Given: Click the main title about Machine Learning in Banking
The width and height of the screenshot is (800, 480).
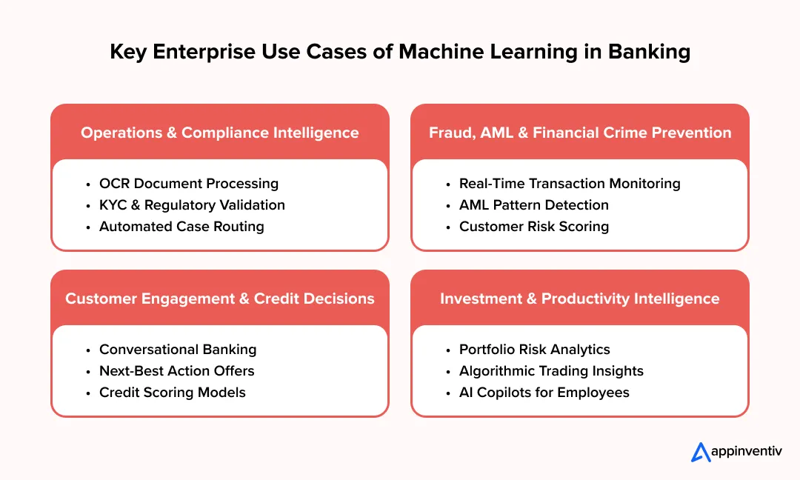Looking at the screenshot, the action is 400,52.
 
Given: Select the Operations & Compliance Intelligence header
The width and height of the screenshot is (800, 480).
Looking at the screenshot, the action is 219,133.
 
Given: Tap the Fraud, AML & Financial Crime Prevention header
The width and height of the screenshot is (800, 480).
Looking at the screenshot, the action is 580,133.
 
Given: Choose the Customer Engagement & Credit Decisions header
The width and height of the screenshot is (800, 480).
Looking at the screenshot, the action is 219,299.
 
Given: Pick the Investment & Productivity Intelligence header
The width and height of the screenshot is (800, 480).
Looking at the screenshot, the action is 580,299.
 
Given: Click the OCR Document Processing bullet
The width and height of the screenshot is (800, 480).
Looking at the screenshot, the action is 188,184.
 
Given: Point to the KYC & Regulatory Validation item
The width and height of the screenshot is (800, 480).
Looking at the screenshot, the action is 192,205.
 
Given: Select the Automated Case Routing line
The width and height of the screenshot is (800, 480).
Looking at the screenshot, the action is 181,227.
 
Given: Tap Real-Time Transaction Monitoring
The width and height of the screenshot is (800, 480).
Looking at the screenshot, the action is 569,184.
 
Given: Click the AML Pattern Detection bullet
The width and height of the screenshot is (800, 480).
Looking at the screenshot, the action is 533,205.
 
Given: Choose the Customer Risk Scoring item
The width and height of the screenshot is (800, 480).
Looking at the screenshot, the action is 533,227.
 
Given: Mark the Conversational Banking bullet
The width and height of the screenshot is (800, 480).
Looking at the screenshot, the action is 178,350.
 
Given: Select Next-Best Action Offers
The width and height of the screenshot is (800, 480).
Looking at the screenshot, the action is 176,371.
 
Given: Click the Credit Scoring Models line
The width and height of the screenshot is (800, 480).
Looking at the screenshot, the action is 172,393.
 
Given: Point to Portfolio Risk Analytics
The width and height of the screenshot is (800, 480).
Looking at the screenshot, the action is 534,350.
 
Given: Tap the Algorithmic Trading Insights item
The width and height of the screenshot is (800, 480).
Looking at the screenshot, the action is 551,371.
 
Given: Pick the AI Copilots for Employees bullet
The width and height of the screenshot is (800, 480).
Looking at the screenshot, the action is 544,393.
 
